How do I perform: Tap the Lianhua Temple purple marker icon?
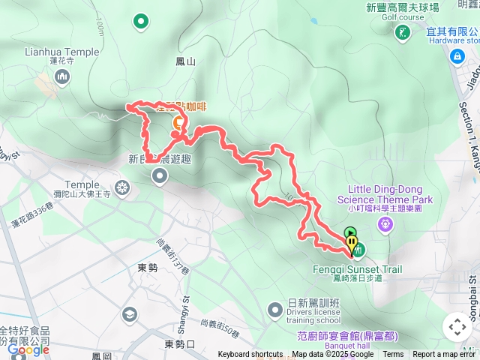click(x=62, y=76)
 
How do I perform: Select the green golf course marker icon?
click(x=403, y=31)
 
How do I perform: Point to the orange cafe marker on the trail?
click(x=178, y=122)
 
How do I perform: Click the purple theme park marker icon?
click(x=385, y=223)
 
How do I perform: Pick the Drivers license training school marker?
click(x=275, y=309)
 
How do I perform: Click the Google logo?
click(x=28, y=349)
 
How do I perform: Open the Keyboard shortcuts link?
click(x=250, y=355)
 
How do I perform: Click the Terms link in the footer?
click(x=393, y=355)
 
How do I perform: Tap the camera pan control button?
click(x=456, y=327)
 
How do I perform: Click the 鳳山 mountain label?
click(x=185, y=62)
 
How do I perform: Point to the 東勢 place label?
click(x=148, y=268)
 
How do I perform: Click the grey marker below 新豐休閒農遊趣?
click(x=160, y=176)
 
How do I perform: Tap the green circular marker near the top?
click(x=140, y=22)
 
